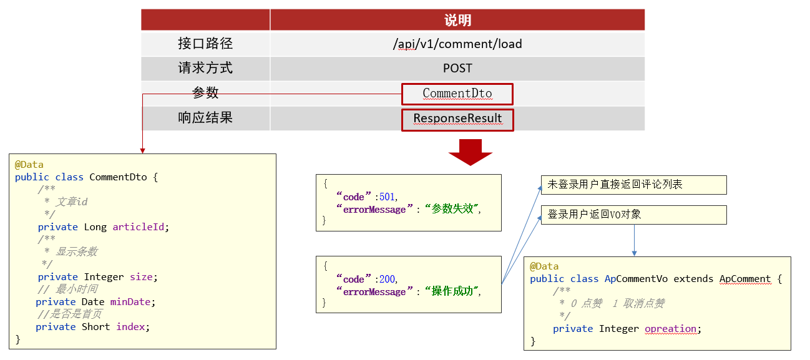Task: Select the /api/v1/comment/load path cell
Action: point(457,44)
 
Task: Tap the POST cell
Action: point(457,68)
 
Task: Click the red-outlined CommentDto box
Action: point(457,94)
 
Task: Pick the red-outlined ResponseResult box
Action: point(457,120)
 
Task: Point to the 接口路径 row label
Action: point(205,44)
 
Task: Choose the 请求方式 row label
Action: point(205,68)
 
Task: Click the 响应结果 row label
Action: point(205,118)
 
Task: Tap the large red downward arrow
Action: point(470,152)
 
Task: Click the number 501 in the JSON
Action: point(386,197)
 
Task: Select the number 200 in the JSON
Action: point(387,279)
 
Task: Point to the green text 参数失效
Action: point(452,209)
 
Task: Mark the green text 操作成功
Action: point(452,291)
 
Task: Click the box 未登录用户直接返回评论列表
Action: point(633,185)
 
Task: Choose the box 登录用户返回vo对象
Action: point(633,215)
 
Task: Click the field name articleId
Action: point(139,227)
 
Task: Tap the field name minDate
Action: point(130,302)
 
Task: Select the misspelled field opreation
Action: point(670,329)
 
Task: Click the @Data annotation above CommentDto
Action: point(29,165)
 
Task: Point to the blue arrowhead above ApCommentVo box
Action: point(634,253)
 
